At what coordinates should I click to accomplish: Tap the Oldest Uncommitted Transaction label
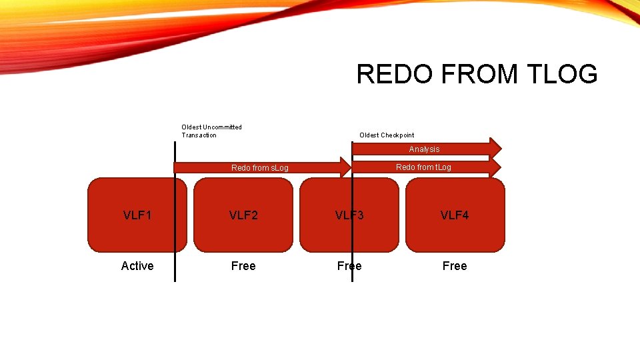tap(211, 131)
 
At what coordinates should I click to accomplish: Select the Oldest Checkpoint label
tap(387, 135)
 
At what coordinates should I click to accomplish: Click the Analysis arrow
tap(424, 149)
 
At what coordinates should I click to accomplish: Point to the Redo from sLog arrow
tap(259, 168)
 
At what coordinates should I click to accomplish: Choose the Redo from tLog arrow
tap(423, 167)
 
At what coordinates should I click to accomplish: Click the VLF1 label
tap(137, 215)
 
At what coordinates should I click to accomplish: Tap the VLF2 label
tap(243, 215)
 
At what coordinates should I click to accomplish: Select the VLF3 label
tap(349, 215)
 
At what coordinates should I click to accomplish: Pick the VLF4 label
tap(455, 215)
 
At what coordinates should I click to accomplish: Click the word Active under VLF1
tap(137, 266)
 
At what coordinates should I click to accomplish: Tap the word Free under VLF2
tap(243, 266)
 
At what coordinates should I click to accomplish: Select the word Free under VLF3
tap(349, 266)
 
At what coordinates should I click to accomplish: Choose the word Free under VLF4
tap(455, 266)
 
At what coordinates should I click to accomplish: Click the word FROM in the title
tap(471, 74)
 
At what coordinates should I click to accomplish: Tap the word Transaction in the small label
tap(199, 135)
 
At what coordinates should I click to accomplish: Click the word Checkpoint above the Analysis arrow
tap(397, 135)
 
